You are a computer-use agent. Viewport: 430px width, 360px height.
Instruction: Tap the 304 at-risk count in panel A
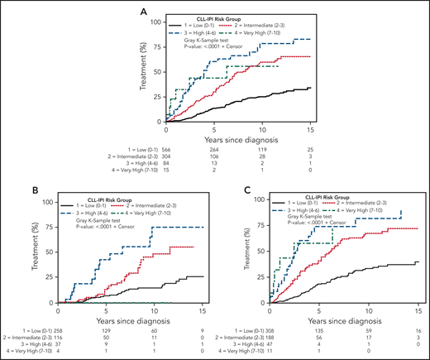pyautogui.click(x=170, y=150)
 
